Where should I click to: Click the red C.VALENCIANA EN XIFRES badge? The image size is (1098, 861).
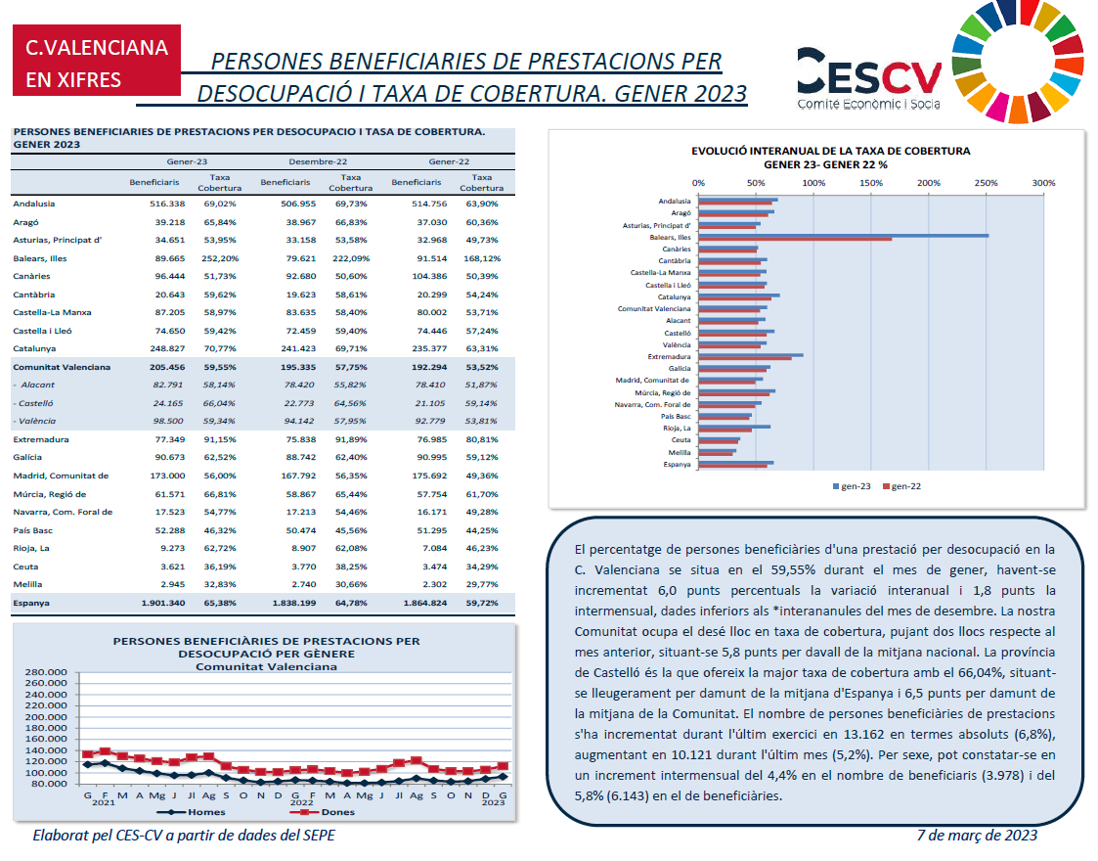pyautogui.click(x=97, y=61)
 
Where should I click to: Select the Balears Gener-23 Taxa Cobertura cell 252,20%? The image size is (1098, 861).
pyautogui.click(x=220, y=258)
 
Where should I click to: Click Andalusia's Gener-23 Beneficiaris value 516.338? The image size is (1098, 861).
pyautogui.click(x=167, y=204)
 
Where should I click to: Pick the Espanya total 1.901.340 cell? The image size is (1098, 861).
pyautogui.click(x=163, y=604)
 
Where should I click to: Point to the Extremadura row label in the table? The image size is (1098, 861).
pyautogui.click(x=41, y=440)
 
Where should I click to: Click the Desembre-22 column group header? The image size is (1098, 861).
pyautogui.click(x=318, y=161)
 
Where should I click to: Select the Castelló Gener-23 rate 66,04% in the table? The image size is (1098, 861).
pyautogui.click(x=220, y=403)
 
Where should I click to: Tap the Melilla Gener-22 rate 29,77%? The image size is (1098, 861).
pyautogui.click(x=482, y=584)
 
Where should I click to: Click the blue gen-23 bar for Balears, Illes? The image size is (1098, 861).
pyautogui.click(x=843, y=236)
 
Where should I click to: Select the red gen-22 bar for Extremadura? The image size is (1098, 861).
pyautogui.click(x=744, y=359)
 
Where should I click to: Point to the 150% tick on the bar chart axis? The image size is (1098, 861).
pyautogui.click(x=871, y=183)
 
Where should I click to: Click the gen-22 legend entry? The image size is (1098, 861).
pyautogui.click(x=901, y=486)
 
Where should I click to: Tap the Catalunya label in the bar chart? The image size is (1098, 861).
pyautogui.click(x=674, y=297)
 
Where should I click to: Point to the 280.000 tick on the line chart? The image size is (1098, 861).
pyautogui.click(x=46, y=672)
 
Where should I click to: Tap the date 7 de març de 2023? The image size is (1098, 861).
pyautogui.click(x=977, y=836)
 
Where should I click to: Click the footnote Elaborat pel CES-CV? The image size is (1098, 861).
pyautogui.click(x=184, y=836)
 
